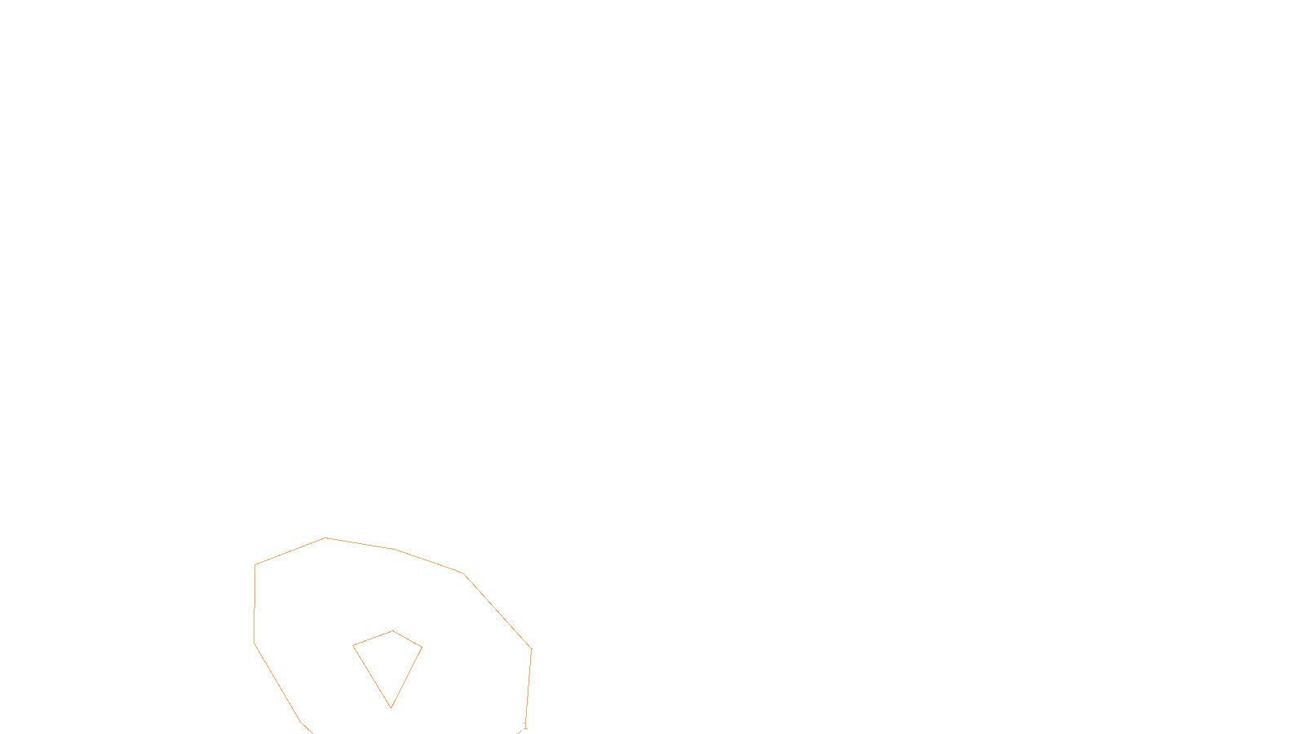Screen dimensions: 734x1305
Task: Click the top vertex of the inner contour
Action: coord(393,630)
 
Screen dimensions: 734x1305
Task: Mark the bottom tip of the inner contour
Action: coord(391,707)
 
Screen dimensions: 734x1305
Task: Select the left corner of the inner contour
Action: coord(353,646)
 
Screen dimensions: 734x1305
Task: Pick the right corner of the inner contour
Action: coord(422,648)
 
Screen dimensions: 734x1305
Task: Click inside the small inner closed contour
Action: coord(390,657)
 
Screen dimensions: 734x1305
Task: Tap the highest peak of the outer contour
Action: coord(325,537)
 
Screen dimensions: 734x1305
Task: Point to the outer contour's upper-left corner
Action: coord(255,564)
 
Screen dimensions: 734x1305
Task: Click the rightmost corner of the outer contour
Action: coord(532,649)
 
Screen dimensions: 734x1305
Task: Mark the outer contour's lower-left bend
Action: coord(254,643)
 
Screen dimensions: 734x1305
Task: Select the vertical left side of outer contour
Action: coord(254,604)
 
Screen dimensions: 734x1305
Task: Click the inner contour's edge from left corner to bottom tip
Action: coord(372,676)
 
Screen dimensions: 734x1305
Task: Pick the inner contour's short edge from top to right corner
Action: coord(408,639)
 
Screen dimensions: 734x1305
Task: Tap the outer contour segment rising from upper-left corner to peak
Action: coord(290,551)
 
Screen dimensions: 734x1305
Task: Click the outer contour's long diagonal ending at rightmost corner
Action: coord(498,612)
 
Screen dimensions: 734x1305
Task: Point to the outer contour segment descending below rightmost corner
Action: coord(529,685)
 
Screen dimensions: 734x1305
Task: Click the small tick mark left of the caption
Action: coord(525,724)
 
